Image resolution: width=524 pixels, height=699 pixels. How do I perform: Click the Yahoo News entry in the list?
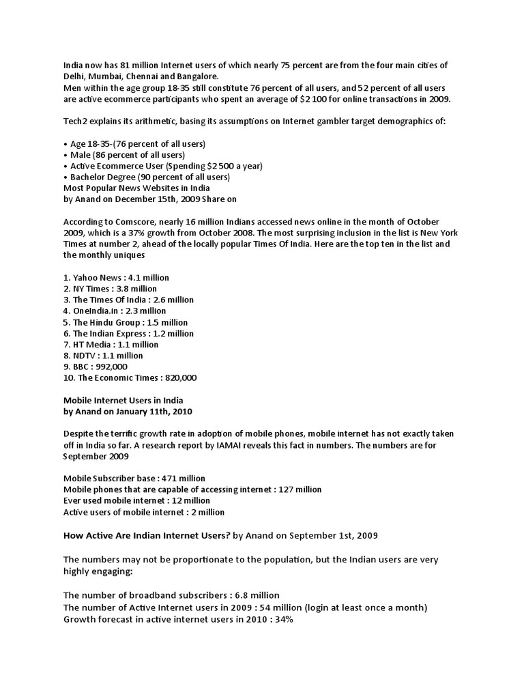pyautogui.click(x=116, y=278)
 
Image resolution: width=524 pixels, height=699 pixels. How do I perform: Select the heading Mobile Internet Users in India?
pyautogui.click(x=123, y=400)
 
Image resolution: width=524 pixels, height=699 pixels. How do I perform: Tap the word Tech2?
pyautogui.click(x=75, y=121)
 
